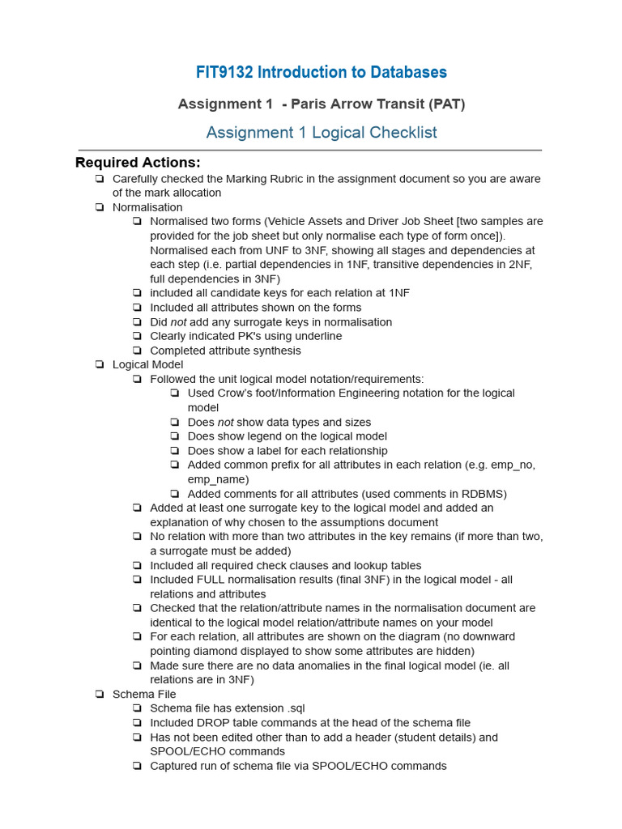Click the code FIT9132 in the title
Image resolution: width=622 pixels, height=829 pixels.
(224, 72)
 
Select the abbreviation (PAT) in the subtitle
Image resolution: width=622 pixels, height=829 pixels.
(447, 104)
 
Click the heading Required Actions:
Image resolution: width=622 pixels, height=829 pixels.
(138, 162)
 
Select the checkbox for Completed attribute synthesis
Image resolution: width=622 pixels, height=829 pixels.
(137, 351)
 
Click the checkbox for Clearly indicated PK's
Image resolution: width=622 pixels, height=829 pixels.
(137, 336)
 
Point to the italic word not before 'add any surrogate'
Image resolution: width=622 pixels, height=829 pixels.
(178, 322)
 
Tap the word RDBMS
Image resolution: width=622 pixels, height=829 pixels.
(480, 494)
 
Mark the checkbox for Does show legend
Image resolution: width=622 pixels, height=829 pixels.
(175, 436)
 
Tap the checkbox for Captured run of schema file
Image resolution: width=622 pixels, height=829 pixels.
(137, 766)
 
